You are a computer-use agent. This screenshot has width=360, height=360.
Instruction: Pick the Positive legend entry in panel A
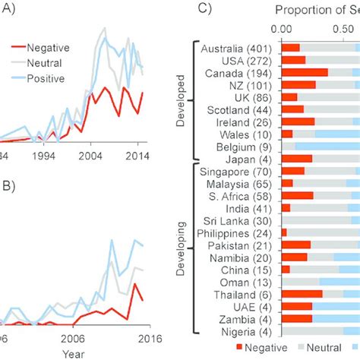[x=47, y=78]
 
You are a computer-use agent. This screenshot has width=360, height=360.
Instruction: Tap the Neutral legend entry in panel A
[x=46, y=62]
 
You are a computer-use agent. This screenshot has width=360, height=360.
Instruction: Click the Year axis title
[x=73, y=353]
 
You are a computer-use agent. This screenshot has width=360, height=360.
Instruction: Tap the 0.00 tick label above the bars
[x=282, y=30]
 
